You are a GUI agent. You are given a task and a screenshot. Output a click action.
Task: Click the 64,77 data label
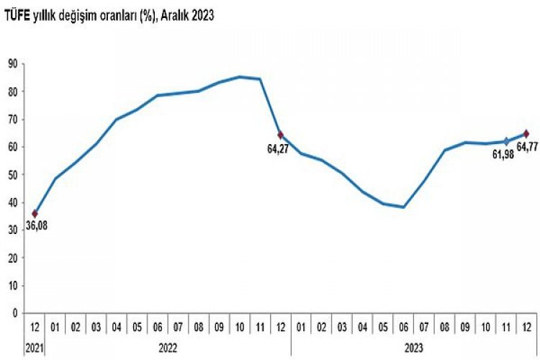pos(527,148)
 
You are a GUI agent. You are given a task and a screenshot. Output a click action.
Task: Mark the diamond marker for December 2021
pos(35,213)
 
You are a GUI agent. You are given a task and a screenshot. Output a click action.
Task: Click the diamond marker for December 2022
pos(281,135)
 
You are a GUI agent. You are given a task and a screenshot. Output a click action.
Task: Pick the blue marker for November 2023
pos(506,141)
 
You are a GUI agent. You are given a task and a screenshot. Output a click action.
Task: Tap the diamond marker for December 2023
pos(526,133)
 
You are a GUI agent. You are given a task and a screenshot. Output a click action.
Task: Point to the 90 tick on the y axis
pos(12,63)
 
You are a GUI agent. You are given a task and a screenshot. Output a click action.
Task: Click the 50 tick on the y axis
pos(12,174)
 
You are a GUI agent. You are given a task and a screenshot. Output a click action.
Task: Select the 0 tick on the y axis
pos(14,313)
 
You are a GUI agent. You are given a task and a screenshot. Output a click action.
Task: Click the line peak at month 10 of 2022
pos(240,76)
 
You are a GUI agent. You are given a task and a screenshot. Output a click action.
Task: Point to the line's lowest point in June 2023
pos(404,207)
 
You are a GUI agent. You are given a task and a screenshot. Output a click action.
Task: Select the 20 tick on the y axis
pos(12,258)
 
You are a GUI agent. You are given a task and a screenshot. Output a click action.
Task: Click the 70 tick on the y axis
pos(12,119)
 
